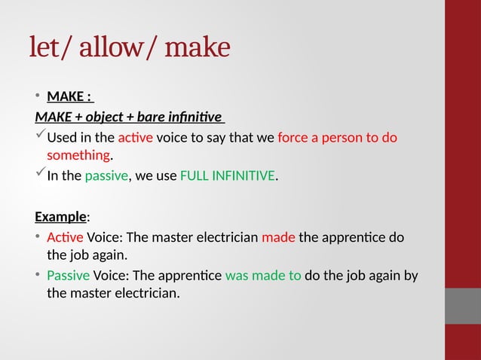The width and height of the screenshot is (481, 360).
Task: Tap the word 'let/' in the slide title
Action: [51, 48]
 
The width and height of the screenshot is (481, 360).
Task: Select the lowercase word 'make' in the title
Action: [197, 48]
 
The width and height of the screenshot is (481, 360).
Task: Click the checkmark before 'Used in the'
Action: [40, 136]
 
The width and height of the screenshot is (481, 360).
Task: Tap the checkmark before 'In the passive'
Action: [40, 175]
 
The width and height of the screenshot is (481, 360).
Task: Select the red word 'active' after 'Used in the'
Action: [136, 138]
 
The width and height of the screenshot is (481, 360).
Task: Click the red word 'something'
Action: [78, 156]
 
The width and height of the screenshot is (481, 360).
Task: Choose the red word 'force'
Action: [293, 138]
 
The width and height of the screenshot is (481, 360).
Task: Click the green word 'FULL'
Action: [196, 177]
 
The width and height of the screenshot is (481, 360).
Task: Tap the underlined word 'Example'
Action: [60, 217]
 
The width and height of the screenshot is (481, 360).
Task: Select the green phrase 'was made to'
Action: [263, 275]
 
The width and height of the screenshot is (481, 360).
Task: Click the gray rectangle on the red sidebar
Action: [463, 305]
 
